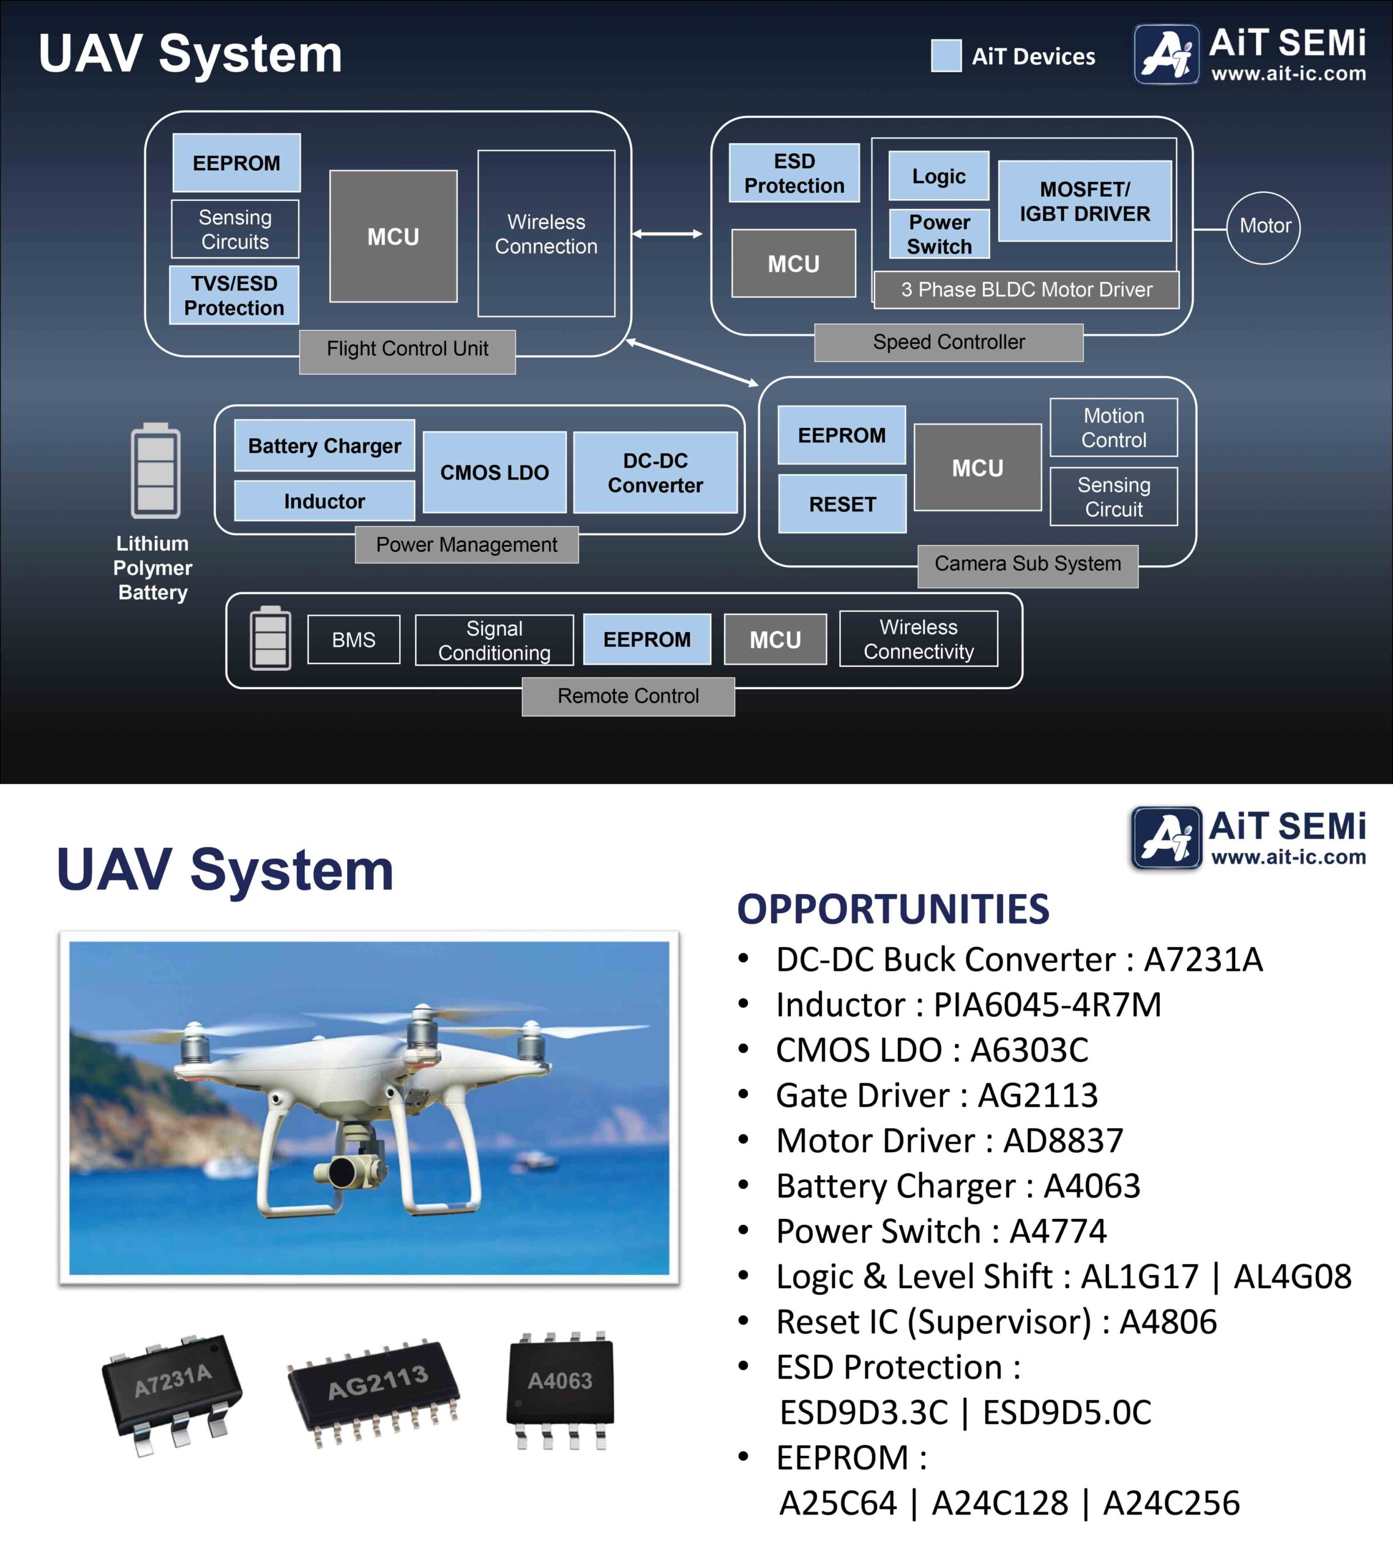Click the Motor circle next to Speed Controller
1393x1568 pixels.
pyautogui.click(x=1263, y=227)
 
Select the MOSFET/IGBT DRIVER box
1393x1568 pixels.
pyautogui.click(x=1084, y=201)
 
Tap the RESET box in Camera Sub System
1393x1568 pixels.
pyautogui.click(x=842, y=504)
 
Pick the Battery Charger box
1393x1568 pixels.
pyautogui.click(x=324, y=446)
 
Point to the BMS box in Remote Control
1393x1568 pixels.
pyautogui.click(x=353, y=640)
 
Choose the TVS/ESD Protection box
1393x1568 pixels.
pyautogui.click(x=234, y=295)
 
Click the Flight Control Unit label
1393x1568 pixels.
pyautogui.click(x=407, y=350)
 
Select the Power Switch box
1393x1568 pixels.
pyautogui.click(x=939, y=234)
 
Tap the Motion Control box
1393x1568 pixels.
pyautogui.click(x=1113, y=428)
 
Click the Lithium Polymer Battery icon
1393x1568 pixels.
pyautogui.click(x=155, y=471)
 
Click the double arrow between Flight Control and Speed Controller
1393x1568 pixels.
pyautogui.click(x=667, y=234)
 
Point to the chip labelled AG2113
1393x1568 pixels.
pyautogui.click(x=374, y=1392)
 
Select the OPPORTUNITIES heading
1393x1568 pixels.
pyautogui.click(x=892, y=909)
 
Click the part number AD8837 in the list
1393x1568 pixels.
pyautogui.click(x=1062, y=1140)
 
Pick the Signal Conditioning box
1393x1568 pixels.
pyautogui.click(x=495, y=640)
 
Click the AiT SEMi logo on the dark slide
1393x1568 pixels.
pyautogui.click(x=1250, y=54)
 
